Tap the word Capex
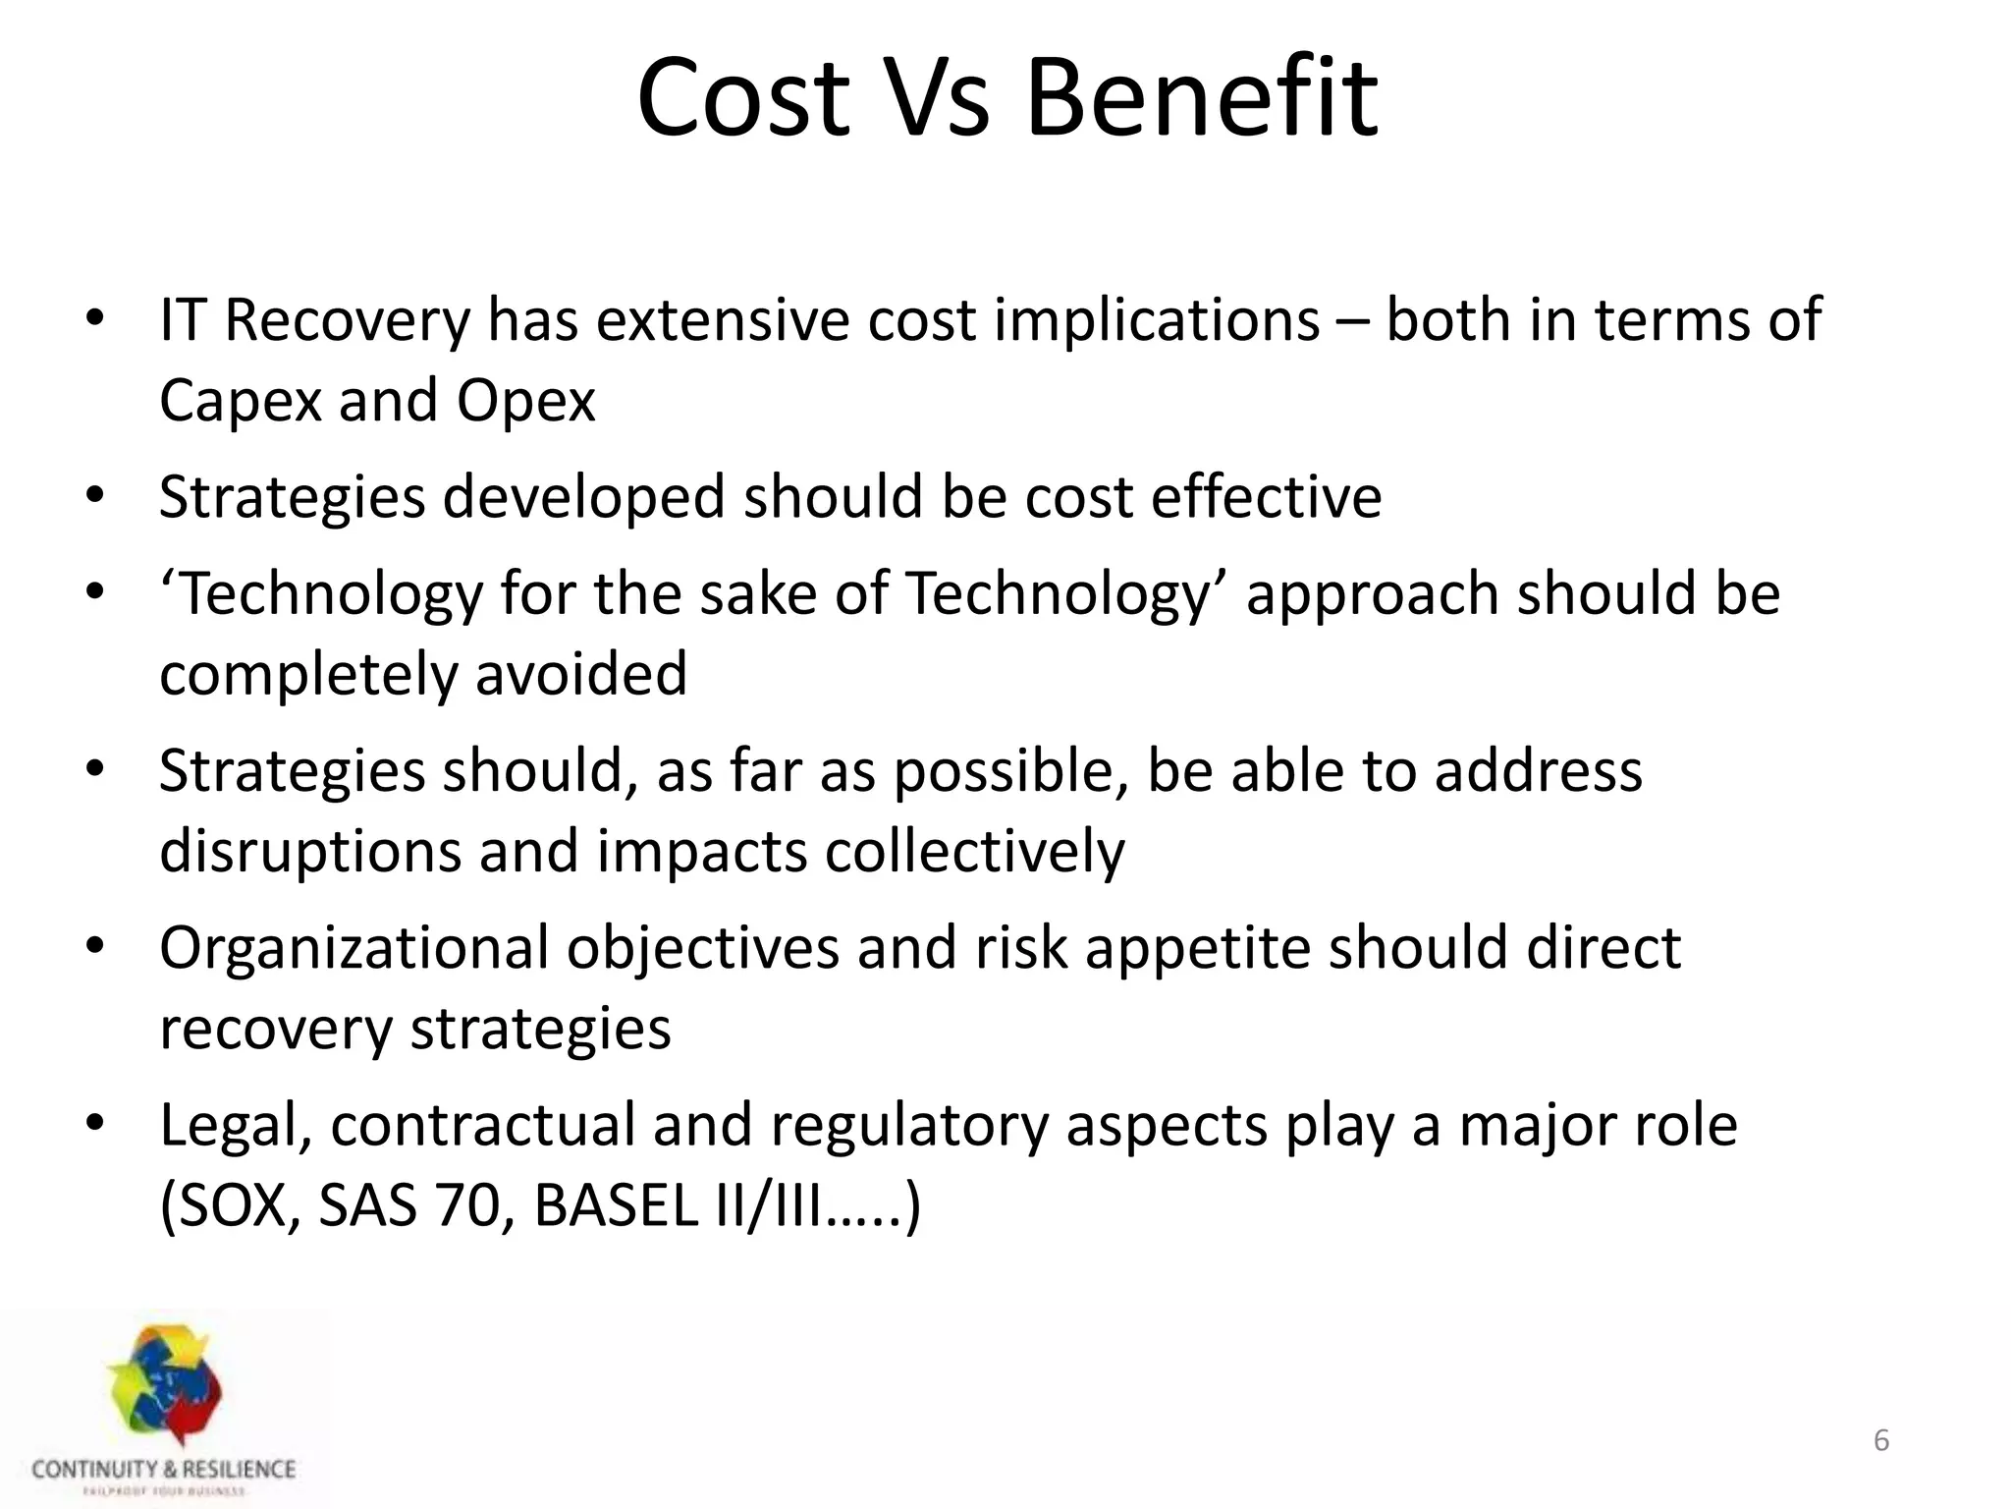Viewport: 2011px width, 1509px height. click(240, 401)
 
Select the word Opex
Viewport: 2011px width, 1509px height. click(525, 401)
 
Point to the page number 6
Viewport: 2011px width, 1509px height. click(1881, 1441)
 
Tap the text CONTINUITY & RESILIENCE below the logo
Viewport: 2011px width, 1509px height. click(163, 1470)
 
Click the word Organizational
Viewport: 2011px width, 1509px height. click(353, 949)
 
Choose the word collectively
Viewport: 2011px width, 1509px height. click(974, 851)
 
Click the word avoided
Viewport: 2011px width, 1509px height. click(581, 674)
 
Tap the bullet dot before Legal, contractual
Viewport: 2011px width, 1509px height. click(94, 1122)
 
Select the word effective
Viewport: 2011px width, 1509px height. click(1266, 496)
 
